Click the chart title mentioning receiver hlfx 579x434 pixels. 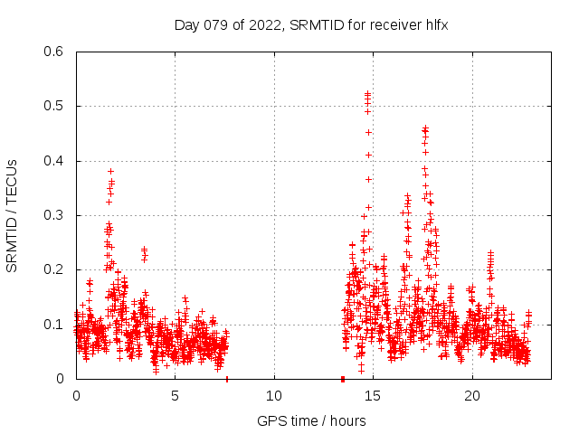click(311, 24)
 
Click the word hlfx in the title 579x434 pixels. click(435, 24)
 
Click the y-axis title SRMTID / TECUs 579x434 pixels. click(12, 215)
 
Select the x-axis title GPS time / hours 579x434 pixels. click(311, 420)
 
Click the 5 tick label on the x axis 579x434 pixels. click(175, 395)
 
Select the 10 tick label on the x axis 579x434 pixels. click(274, 395)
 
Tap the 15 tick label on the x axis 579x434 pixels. click(373, 395)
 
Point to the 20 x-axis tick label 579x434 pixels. click(471, 395)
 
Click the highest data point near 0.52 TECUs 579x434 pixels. click(367, 93)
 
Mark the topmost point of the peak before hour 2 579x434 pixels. click(110, 171)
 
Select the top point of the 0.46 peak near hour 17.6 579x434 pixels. click(425, 128)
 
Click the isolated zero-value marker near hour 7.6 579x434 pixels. click(226, 378)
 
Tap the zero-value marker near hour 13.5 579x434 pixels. click(343, 378)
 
